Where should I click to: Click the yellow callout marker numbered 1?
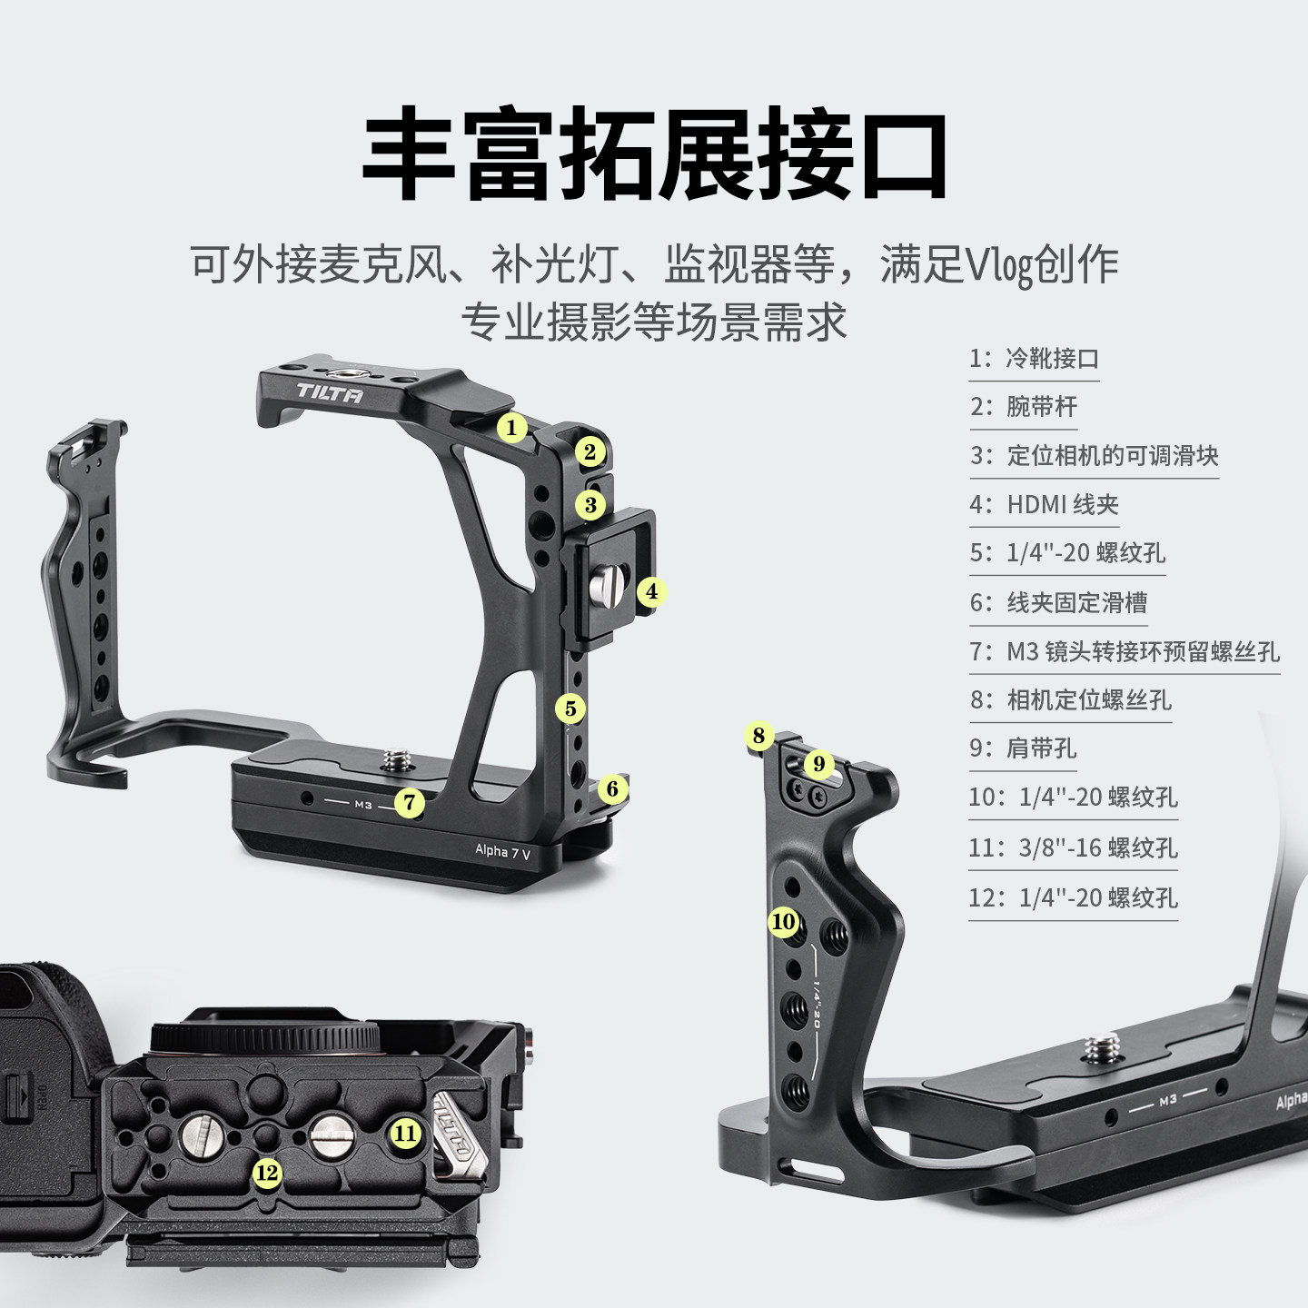511,427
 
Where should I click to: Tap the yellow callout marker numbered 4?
651,592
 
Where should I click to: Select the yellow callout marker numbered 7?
410,802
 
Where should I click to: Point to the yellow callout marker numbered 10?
783,922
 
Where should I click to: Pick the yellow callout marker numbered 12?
266,1174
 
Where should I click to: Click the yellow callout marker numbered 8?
759,736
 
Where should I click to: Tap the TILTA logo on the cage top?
330,393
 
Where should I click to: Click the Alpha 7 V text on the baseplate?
502,851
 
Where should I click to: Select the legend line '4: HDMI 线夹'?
1044,504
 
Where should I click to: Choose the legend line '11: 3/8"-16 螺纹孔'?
1073,847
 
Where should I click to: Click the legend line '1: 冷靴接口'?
1034,358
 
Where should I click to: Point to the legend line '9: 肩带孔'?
1023,748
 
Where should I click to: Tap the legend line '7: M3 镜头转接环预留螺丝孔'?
1125,651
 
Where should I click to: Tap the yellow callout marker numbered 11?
405,1133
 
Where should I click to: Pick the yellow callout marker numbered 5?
570,708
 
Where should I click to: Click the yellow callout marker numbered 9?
818,764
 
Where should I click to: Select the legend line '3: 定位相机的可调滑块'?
1094,455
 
